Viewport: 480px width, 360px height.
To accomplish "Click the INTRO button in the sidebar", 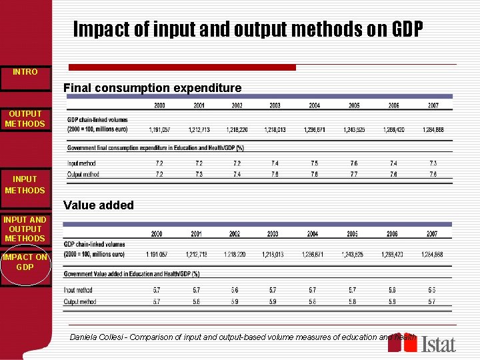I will [x=25, y=71].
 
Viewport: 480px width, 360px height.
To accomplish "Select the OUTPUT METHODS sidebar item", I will [x=25, y=119].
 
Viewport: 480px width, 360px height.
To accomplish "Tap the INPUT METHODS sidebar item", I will [x=25, y=185].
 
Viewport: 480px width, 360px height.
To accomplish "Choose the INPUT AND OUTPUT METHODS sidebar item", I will [x=25, y=229].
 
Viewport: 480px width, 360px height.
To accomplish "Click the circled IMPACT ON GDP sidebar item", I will [x=25, y=262].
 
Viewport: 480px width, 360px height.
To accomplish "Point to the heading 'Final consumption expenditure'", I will [x=152, y=88].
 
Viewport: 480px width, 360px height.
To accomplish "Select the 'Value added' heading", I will [x=99, y=205].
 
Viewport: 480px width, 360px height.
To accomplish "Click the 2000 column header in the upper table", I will [x=160, y=105].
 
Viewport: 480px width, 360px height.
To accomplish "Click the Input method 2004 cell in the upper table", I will [x=314, y=163].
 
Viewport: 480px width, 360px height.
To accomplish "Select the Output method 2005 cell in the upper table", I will [x=353, y=174].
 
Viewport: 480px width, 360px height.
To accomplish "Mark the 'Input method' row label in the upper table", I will [x=82, y=163].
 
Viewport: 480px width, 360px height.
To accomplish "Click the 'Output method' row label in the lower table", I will [x=81, y=302].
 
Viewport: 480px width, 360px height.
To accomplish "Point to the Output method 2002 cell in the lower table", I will [x=234, y=302].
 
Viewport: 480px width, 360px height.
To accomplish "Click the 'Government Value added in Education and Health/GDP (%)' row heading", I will [x=132, y=274].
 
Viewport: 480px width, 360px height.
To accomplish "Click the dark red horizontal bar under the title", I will [x=182, y=67].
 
